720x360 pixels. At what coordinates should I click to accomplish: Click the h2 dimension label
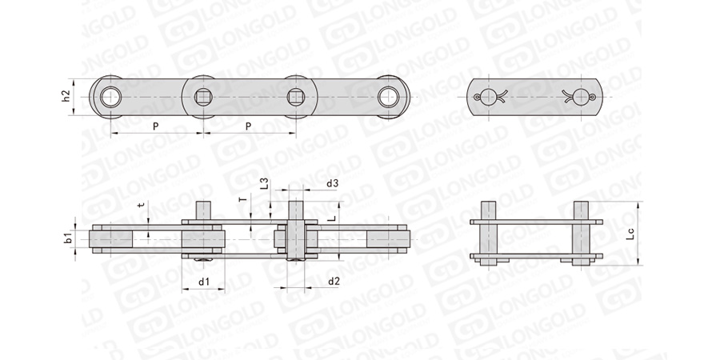click(66, 96)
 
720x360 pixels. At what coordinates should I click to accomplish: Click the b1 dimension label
click(68, 238)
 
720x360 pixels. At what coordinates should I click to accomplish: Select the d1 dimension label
click(204, 282)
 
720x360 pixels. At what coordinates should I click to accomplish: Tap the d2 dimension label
click(334, 282)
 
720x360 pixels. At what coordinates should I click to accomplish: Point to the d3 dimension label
click(333, 184)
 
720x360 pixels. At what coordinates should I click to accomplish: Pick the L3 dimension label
click(264, 183)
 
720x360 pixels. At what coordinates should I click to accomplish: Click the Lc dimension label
click(631, 234)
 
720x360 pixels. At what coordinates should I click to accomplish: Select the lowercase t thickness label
click(142, 206)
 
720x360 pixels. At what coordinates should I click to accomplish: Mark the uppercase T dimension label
click(244, 199)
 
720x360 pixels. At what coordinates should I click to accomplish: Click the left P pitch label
click(156, 126)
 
